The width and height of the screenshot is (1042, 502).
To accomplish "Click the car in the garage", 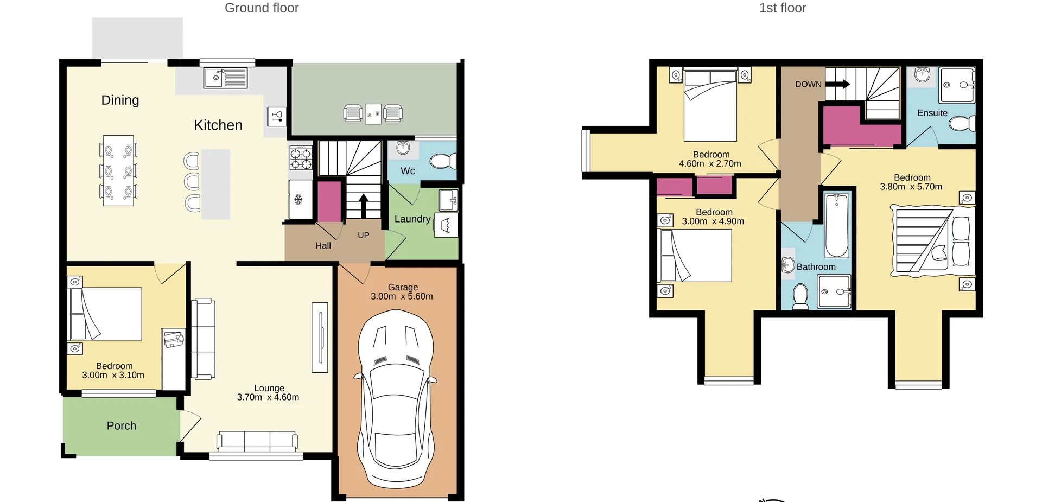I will click(396, 399).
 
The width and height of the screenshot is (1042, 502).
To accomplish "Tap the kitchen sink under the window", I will click(225, 78).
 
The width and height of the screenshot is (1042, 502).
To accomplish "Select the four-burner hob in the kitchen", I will click(301, 158).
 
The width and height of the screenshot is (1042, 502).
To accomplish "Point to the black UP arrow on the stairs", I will click(364, 205).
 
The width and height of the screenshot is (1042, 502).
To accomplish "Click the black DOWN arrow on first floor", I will click(838, 84).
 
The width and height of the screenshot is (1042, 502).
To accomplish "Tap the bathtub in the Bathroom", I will click(836, 226).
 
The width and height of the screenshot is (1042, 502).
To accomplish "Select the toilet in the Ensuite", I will click(961, 124).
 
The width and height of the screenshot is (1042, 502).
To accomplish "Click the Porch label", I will click(121, 426).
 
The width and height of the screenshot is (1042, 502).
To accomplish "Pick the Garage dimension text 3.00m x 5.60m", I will click(402, 296).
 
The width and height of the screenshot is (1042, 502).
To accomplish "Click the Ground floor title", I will click(262, 8).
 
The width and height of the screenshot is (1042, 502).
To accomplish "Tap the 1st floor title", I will click(782, 8).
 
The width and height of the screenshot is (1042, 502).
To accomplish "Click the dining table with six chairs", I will click(118, 170).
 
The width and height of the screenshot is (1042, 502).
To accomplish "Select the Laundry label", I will click(412, 219).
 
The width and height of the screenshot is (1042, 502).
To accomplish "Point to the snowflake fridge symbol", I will click(298, 200).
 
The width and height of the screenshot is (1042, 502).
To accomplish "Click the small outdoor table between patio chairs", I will click(373, 113).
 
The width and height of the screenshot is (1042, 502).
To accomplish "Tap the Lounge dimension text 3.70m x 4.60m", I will click(268, 397).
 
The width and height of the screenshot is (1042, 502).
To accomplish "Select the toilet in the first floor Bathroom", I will click(800, 296).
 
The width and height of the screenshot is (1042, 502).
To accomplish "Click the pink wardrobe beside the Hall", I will click(328, 201).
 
